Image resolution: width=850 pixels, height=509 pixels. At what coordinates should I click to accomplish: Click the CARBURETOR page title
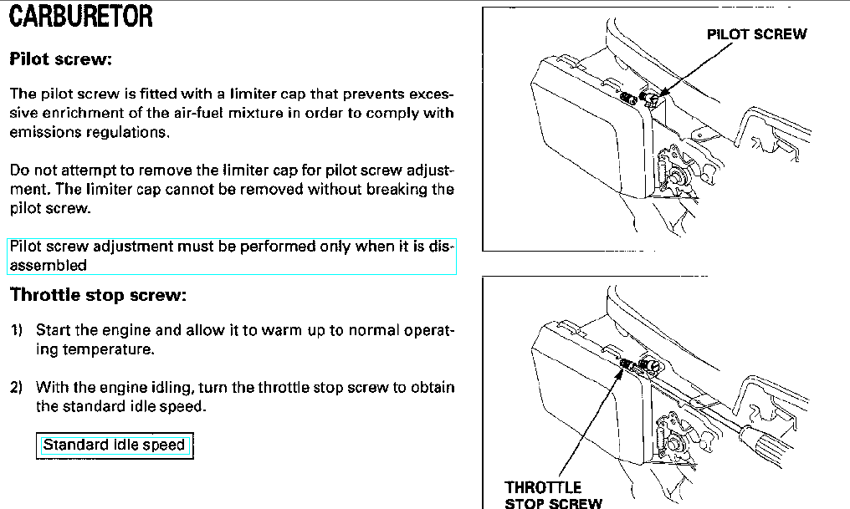coord(81,16)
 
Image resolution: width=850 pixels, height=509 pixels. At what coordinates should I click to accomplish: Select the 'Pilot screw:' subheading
coord(61,59)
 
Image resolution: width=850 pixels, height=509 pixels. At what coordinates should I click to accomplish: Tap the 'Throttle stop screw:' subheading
coord(98,294)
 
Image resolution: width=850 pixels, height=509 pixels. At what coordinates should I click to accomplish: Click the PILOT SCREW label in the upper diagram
coord(757,34)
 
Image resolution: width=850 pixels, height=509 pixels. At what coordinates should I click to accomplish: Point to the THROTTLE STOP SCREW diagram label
coord(554,495)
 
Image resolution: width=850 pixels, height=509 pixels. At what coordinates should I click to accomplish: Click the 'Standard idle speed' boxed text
coord(114,445)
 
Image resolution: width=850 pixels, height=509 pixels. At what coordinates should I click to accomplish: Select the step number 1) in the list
coord(16,330)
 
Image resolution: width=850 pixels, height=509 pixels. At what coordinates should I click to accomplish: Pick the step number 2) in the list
coord(16,388)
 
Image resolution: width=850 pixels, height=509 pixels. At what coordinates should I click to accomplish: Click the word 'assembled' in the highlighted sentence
coord(49,265)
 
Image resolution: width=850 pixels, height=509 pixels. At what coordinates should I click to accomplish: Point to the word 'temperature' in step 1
coord(108,350)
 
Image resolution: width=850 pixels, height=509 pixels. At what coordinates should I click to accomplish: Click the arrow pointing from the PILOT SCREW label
coord(695,70)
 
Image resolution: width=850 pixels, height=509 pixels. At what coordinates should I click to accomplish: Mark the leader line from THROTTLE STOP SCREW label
coord(591,424)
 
